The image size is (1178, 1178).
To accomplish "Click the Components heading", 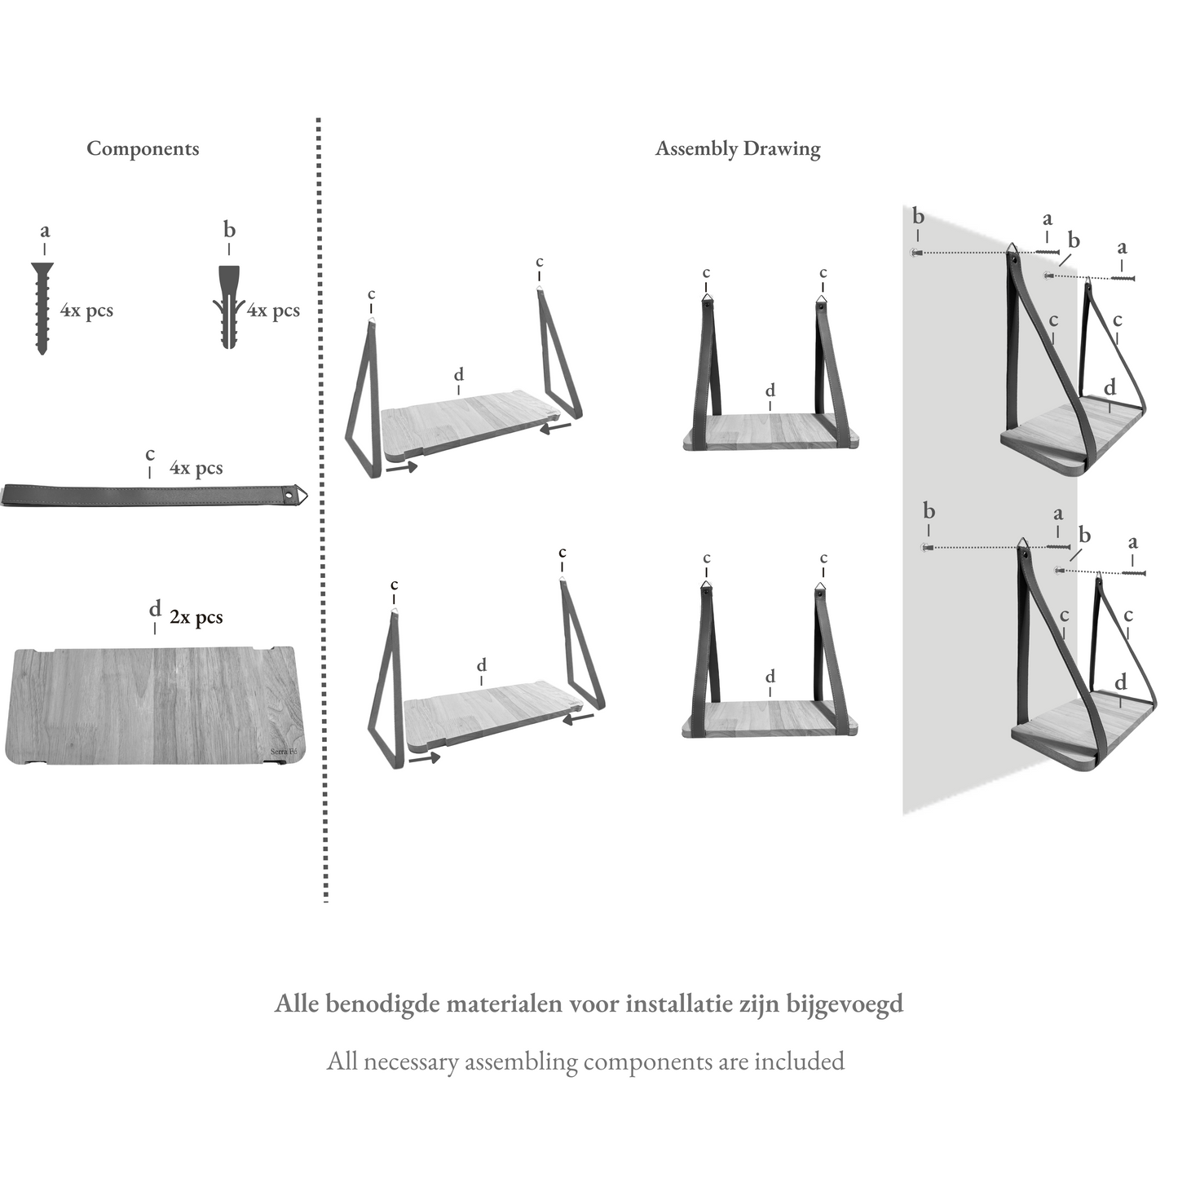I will (x=143, y=148).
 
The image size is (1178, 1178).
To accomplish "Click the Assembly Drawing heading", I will (x=738, y=148).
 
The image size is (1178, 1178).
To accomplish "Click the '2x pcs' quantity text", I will (x=196, y=617).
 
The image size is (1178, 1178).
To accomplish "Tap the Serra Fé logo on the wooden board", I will (x=283, y=752).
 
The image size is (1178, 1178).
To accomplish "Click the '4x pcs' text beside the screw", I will (x=86, y=311).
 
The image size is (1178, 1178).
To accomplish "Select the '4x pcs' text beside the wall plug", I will (x=274, y=311).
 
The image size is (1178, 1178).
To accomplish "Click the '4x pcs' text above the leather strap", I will (x=196, y=468).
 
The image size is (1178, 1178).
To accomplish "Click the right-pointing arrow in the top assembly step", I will (x=402, y=467).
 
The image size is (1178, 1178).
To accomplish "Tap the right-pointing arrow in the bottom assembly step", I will (x=425, y=757).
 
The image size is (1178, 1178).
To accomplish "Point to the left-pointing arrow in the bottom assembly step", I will (x=578, y=718).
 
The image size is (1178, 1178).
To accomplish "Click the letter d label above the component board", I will (x=155, y=609).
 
